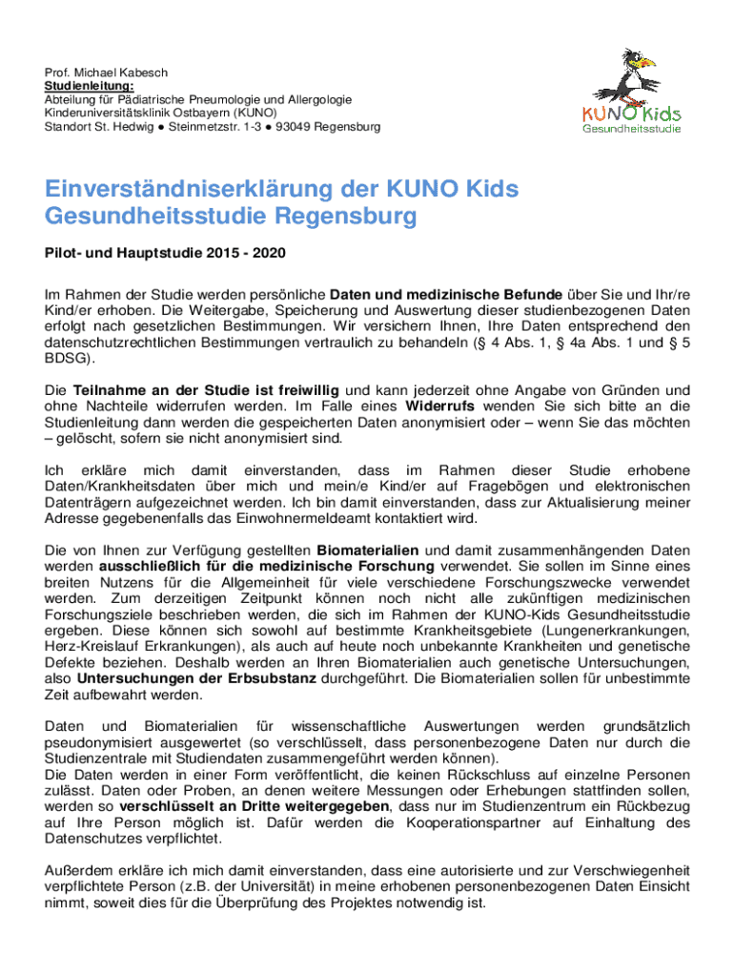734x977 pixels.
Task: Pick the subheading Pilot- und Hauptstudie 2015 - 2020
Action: (165, 254)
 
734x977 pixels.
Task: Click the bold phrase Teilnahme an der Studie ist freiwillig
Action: (206, 389)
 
